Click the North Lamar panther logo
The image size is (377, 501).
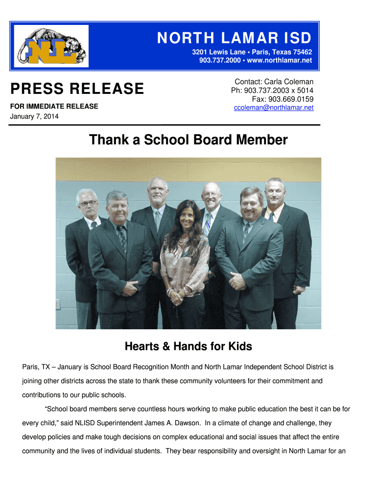pos(51,46)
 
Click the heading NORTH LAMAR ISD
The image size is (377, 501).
pos(234,38)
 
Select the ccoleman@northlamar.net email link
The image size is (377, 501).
pos(274,108)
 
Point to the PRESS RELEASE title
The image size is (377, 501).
pos(77,89)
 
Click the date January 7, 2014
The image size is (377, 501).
pos(34,116)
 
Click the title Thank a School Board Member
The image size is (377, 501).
pos(188,140)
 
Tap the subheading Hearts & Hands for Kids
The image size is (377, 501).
pos(188,347)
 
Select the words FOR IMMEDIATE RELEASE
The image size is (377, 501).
pos(54,106)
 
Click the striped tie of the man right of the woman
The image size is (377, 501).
pos(208,223)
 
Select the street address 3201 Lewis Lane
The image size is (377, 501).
pos(218,52)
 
